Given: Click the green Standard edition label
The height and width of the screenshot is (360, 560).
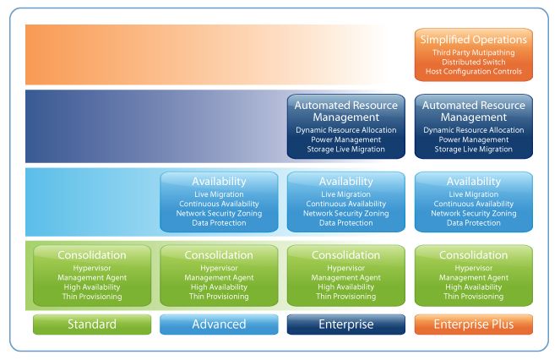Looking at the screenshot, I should pyautogui.click(x=92, y=325).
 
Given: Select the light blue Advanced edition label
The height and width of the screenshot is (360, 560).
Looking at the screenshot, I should pyautogui.click(x=219, y=325).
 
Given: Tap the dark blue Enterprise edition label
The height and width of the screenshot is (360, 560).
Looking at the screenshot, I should pyautogui.click(x=346, y=325).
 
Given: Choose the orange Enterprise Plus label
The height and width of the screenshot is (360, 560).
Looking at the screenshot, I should pyautogui.click(x=474, y=325).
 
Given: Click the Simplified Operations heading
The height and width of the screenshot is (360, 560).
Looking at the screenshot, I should pyautogui.click(x=474, y=40).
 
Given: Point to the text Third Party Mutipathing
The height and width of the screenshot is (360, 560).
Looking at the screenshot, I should pyautogui.click(x=474, y=52).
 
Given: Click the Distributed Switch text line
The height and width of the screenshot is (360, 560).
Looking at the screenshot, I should pyautogui.click(x=474, y=63).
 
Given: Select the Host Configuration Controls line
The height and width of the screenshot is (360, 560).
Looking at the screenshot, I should pyautogui.click(x=474, y=73).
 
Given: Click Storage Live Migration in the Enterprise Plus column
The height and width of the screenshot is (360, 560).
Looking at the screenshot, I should pyautogui.click(x=474, y=150).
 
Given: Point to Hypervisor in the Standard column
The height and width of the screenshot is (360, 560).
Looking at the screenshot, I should pyautogui.click(x=92, y=267).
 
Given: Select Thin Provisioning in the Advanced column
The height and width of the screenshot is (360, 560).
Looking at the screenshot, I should pyautogui.click(x=219, y=297).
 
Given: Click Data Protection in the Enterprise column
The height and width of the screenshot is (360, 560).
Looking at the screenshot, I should pyautogui.click(x=346, y=223).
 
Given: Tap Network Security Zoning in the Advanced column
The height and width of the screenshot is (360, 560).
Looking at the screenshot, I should pyautogui.click(x=219, y=213).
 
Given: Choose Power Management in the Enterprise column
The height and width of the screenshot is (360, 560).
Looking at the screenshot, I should pyautogui.click(x=346, y=140).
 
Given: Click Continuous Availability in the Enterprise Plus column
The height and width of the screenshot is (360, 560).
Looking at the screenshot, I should pyautogui.click(x=474, y=204).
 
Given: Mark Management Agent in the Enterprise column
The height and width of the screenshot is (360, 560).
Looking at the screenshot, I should pyautogui.click(x=346, y=277).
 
